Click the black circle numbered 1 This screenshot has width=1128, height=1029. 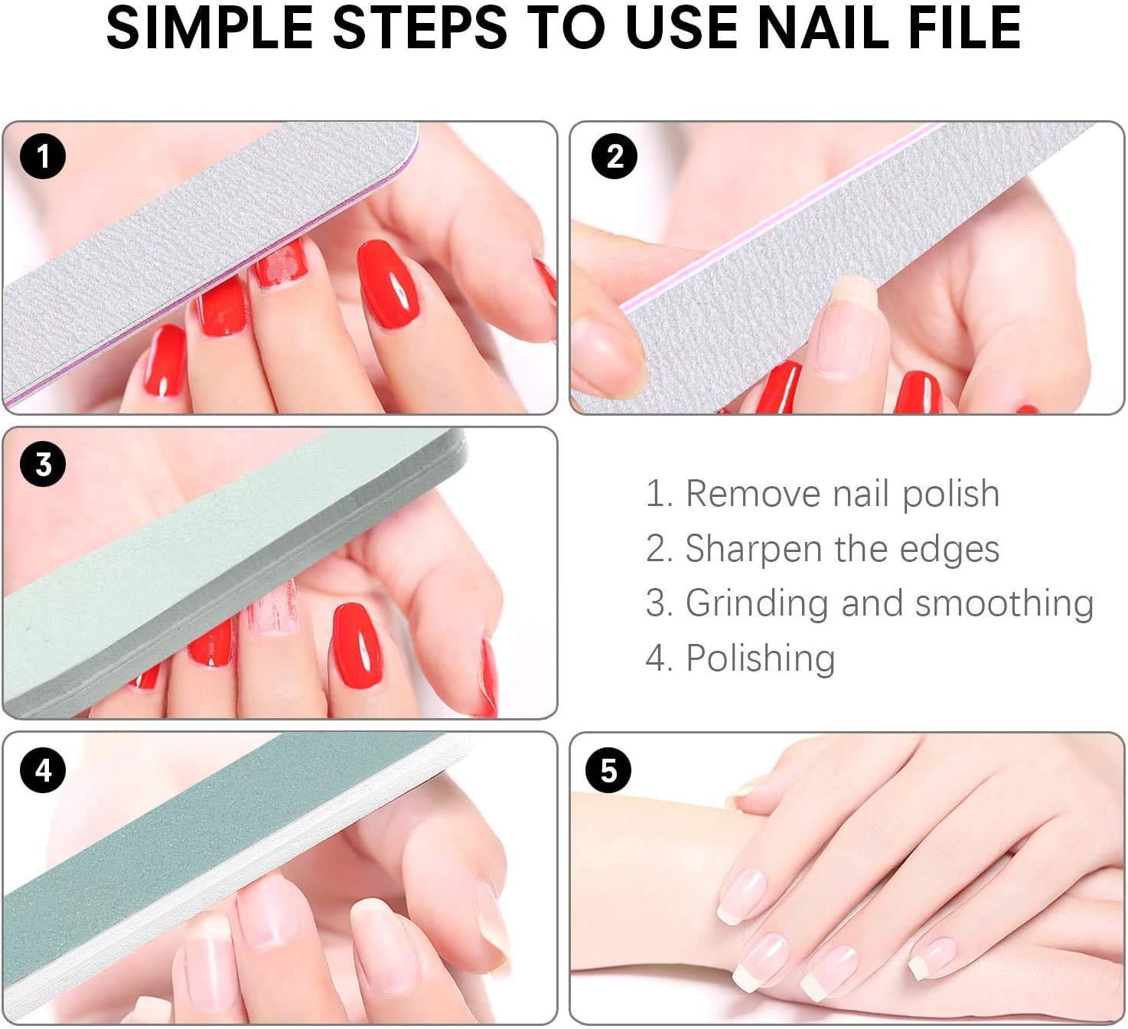tap(43, 156)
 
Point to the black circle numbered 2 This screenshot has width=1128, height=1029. tap(615, 156)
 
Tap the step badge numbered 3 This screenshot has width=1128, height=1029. tap(43, 465)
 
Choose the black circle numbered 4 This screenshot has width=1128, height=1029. tap(43, 769)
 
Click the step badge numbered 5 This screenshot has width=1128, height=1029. tap(608, 769)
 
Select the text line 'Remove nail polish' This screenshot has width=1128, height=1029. tap(823, 494)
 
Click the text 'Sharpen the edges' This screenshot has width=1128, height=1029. tap(823, 549)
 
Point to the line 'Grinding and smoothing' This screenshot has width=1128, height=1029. tap(869, 603)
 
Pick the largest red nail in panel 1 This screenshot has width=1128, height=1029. tap(387, 283)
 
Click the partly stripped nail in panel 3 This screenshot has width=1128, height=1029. tap(272, 609)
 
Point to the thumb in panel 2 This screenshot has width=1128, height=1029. tap(605, 337)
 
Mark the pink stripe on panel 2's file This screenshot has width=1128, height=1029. tap(773, 222)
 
